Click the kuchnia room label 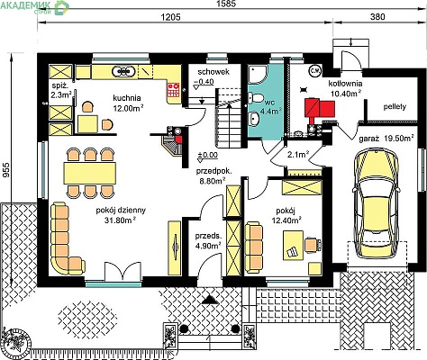tap(127, 98)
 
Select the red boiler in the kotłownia tap(320, 109)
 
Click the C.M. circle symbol tap(315, 71)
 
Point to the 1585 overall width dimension tap(227, 4)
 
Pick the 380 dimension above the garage tap(377, 16)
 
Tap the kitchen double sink tap(123, 71)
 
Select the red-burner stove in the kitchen tap(173, 90)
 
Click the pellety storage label tap(395, 107)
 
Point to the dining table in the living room tap(90, 173)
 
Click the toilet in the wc tap(256, 98)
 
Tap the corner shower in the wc tap(257, 75)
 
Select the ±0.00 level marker tap(207, 157)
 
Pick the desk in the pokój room tap(293, 246)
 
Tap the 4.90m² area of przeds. tap(208, 246)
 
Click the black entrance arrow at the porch tap(210, 300)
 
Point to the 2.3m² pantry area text tap(61, 95)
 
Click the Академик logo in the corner tap(34, 6)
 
